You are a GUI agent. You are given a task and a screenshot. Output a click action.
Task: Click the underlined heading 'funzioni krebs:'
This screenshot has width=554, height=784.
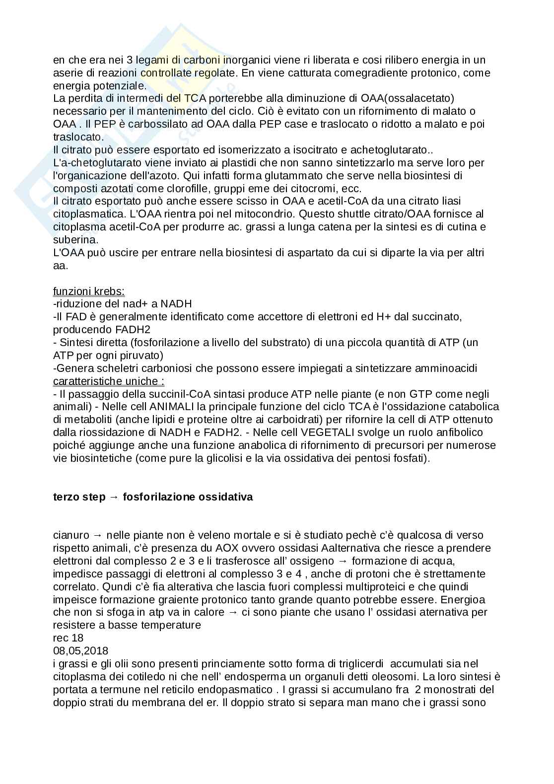[x=89, y=291]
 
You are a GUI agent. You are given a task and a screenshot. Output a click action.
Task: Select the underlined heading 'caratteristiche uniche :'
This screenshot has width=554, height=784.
[x=109, y=381]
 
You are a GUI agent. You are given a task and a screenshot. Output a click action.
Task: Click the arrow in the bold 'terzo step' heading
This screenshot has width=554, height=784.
[x=114, y=497]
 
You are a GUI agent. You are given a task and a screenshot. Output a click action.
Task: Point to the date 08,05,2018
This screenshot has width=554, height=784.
[x=80, y=650]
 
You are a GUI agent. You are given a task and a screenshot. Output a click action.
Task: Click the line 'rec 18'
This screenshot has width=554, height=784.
[x=68, y=638]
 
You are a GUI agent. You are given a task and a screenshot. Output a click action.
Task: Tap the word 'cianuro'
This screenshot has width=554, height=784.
[x=71, y=535]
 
